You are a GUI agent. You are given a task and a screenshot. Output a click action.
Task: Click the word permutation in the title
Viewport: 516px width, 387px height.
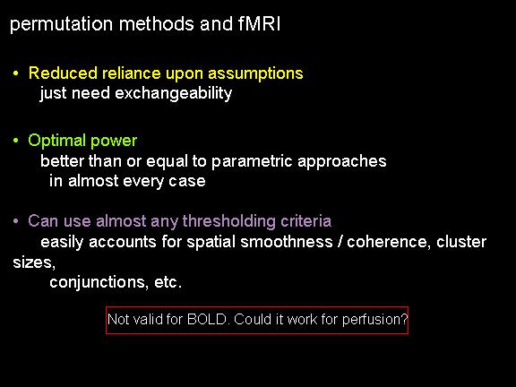61,25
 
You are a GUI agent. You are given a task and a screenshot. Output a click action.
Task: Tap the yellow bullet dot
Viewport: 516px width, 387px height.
15,73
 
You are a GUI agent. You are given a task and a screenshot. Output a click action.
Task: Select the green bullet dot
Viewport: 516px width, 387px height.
15,141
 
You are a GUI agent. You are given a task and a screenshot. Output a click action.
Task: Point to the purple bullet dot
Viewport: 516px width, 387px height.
15,220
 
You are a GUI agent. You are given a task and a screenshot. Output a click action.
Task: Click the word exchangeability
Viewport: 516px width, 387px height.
174,93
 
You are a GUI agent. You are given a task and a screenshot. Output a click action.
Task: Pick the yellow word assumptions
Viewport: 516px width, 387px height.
255,73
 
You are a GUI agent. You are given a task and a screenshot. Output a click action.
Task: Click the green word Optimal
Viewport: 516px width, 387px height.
57,141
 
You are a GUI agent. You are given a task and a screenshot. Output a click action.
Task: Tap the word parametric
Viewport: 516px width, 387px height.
252,161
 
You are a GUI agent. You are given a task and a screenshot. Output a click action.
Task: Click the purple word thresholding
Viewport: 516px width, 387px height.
229,220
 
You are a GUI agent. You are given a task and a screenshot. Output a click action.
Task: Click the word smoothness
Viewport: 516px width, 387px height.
287,242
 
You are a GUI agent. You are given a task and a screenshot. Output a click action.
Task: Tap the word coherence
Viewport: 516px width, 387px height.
389,242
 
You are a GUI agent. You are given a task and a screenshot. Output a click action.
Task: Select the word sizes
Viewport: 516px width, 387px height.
34,262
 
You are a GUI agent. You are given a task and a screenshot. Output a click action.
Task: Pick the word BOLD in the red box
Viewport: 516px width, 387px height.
208,319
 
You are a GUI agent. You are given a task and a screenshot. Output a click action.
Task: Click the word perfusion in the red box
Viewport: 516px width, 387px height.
375,320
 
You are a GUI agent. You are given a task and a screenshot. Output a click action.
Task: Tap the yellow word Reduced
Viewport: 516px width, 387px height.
63,73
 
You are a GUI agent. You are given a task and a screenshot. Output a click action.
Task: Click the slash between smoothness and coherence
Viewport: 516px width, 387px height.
340,242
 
